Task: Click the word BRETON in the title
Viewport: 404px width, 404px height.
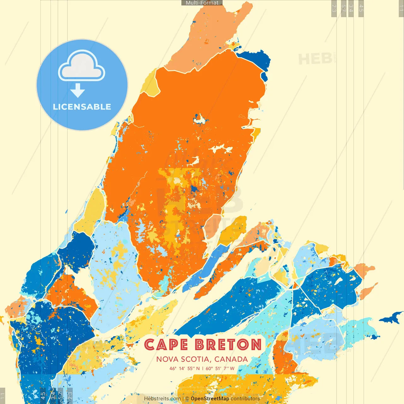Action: pyautogui.click(x=228, y=345)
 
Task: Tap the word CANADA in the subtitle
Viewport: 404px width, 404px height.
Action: pyautogui.click(x=231, y=359)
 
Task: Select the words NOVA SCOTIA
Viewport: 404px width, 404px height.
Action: pyautogui.click(x=183, y=359)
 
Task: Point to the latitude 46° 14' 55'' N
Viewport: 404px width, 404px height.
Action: pyautogui.click(x=184, y=368)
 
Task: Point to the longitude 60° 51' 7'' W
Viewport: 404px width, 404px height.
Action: pyautogui.click(x=220, y=368)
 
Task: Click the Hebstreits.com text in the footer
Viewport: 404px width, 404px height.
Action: pyautogui.click(x=162, y=399)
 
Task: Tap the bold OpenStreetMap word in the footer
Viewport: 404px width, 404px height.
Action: pyautogui.click(x=210, y=399)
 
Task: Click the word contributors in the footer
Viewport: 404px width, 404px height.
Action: pyautogui.click(x=245, y=399)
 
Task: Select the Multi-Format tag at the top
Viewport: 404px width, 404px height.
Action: pyautogui.click(x=202, y=3)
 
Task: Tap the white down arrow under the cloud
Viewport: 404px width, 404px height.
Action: pyautogui.click(x=78, y=91)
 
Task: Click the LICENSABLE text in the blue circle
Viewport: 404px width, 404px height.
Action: pyautogui.click(x=82, y=107)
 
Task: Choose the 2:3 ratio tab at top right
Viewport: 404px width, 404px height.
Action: pyautogui.click(x=334, y=9)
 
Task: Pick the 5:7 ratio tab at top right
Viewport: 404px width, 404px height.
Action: pyautogui.click(x=344, y=9)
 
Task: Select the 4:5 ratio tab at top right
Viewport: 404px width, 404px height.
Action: pyautogui.click(x=361, y=9)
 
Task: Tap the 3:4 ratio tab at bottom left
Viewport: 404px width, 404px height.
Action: pyautogui.click(x=53, y=395)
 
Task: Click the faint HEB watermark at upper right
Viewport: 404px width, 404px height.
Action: pyautogui.click(x=315, y=59)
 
